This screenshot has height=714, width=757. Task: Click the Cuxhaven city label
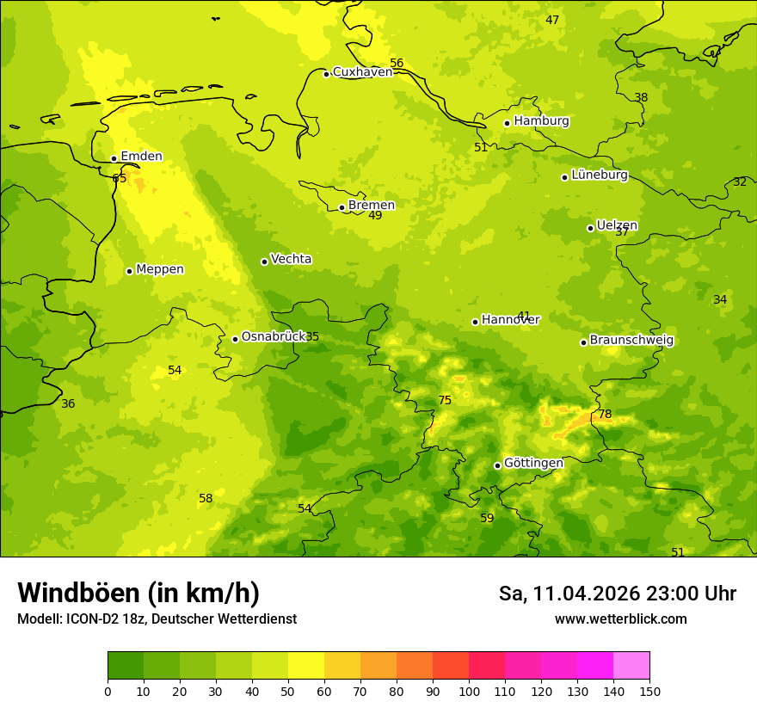click(x=362, y=72)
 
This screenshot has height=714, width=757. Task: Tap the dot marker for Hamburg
click(x=508, y=123)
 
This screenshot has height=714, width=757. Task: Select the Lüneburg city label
click(x=600, y=175)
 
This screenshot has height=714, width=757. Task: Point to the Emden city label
click(x=141, y=157)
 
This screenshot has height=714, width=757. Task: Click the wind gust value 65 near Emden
click(x=119, y=179)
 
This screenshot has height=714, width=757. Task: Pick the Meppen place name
click(x=160, y=269)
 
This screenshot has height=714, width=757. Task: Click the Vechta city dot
click(x=264, y=262)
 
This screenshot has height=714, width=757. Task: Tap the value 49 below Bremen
click(x=375, y=216)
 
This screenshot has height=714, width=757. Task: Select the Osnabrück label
click(x=274, y=337)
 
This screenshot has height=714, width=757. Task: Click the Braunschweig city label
click(x=631, y=341)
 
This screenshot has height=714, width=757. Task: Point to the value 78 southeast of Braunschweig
click(x=605, y=415)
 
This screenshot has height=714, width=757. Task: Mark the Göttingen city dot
click(x=497, y=465)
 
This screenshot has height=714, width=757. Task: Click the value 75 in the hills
click(x=445, y=401)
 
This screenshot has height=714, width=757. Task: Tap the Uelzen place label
click(x=617, y=226)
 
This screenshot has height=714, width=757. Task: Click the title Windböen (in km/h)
click(x=138, y=593)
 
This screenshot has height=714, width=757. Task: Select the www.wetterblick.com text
click(x=620, y=619)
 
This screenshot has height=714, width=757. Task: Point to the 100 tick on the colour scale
click(x=469, y=691)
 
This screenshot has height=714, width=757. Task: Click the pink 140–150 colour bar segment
click(x=631, y=666)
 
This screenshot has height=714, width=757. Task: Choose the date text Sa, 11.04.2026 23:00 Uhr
click(x=617, y=594)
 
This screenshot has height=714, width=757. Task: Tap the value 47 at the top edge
click(x=552, y=21)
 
